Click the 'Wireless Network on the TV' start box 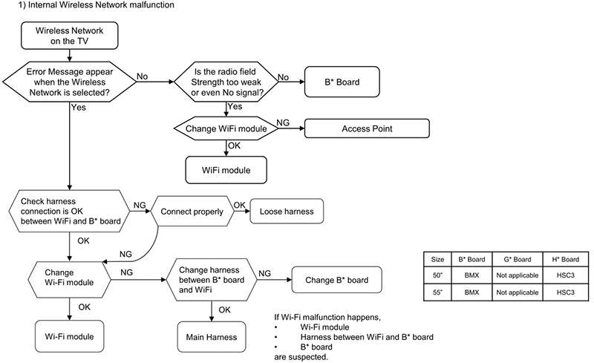[x=69, y=36]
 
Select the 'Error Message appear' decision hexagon [x=69, y=82]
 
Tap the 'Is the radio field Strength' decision [x=226, y=82]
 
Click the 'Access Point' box [x=367, y=128]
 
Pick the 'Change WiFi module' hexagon [x=226, y=128]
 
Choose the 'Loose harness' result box [x=287, y=211]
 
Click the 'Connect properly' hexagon [x=192, y=211]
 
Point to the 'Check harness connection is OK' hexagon [x=69, y=211]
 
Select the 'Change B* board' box [x=336, y=280]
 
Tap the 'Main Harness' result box [x=212, y=337]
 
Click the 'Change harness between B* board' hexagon [x=212, y=280]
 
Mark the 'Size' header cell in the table [x=437, y=259]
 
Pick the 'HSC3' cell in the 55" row [x=566, y=292]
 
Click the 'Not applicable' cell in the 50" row [x=518, y=275]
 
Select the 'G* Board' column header [x=518, y=259]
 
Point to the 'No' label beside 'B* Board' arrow [x=284, y=77]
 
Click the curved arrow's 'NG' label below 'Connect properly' [x=125, y=254]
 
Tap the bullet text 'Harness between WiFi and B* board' [x=367, y=337]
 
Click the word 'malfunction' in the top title [x=151, y=5]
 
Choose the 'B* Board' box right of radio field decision [x=342, y=82]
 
